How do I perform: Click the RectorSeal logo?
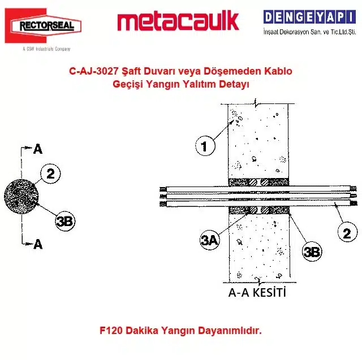[x=43, y=25]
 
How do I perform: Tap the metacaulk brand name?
[x=178, y=21]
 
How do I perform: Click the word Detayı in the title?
[x=234, y=84]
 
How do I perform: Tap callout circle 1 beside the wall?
[x=205, y=146]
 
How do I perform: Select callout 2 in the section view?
[x=347, y=232]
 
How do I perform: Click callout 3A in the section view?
[x=209, y=240]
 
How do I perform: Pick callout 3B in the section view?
[x=312, y=251]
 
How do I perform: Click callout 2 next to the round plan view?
[x=50, y=174]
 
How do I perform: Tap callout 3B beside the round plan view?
[x=66, y=222]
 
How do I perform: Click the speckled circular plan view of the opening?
[x=21, y=197]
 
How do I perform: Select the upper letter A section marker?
[x=38, y=149]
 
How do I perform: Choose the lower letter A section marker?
[x=38, y=244]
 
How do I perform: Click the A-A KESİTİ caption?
[x=257, y=292]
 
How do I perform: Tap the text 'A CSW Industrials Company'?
[x=46, y=49]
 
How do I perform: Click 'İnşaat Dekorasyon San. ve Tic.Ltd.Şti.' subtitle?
[x=309, y=32]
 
